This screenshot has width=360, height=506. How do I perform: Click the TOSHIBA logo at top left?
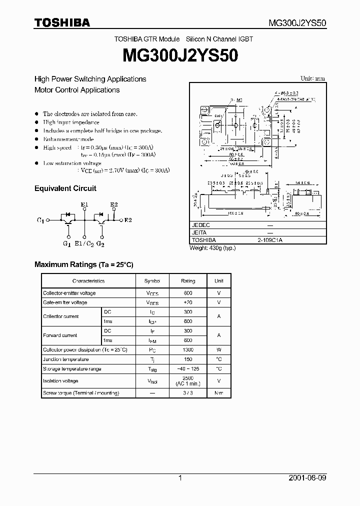pos(62,22)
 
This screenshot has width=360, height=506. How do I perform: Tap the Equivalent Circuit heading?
pos(65,188)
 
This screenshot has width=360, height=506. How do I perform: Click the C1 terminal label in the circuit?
pos(40,220)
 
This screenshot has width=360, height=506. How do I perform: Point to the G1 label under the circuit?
pos(66,243)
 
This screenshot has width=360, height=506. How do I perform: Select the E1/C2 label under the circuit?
pos(84,243)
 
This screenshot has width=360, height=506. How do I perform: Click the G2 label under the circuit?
pos(100,243)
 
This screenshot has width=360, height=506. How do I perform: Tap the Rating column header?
pos(188,281)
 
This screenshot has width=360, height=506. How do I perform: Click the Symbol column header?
pos(152,281)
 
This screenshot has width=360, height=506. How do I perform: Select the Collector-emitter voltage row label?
pos(69,293)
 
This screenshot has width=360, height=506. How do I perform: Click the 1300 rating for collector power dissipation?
pos(188,350)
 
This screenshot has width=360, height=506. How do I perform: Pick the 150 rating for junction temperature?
pos(188,359)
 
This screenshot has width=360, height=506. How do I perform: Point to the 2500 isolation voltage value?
pos(188,378)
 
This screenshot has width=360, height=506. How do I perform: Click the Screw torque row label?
pos(81,393)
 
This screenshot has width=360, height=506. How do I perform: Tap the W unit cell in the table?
pos(219,350)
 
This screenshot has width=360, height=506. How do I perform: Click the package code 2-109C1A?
pos(270,240)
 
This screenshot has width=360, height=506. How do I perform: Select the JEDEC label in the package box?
pos(201,225)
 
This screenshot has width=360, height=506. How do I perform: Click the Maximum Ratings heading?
pos(83,264)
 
